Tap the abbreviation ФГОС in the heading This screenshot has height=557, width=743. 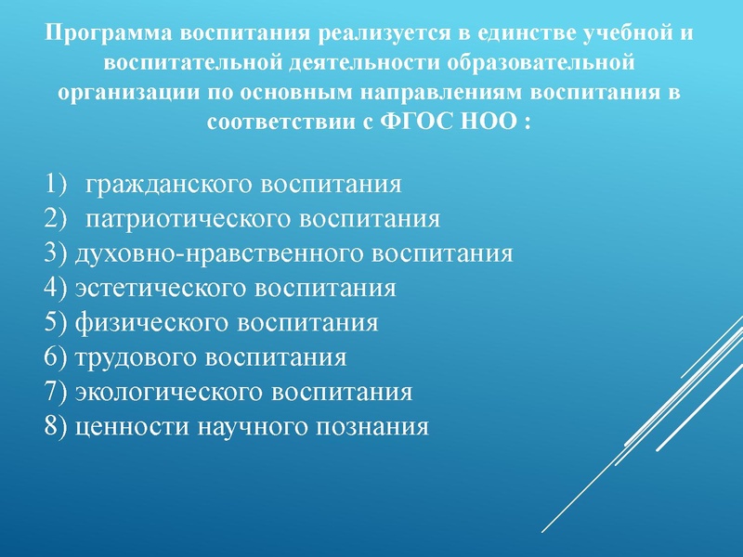(417, 123)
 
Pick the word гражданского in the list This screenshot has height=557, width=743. (171, 183)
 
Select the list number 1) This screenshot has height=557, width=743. (56, 183)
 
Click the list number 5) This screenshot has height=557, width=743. (56, 323)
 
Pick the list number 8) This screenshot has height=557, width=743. (56, 427)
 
